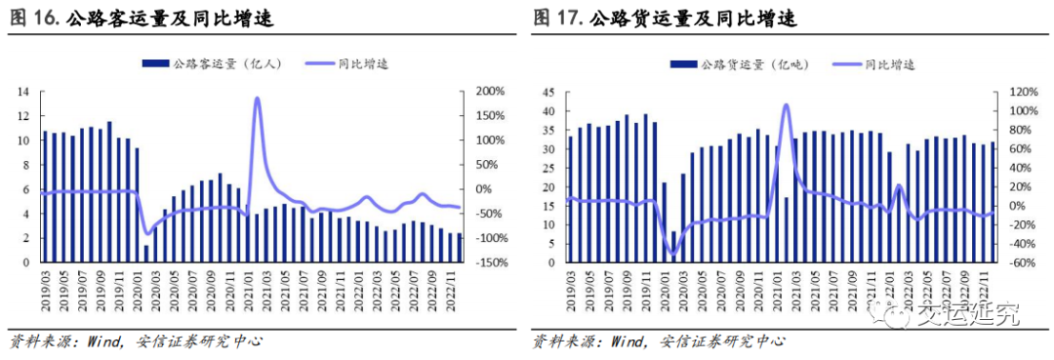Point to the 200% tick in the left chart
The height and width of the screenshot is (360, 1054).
click(x=488, y=92)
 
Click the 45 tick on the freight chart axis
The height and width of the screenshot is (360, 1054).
click(x=548, y=92)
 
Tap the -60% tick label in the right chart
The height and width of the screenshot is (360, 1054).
click(x=1012, y=262)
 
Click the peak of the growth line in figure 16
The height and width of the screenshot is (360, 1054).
click(x=257, y=99)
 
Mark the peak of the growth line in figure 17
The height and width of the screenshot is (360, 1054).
click(x=786, y=104)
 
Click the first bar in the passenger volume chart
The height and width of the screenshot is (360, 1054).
click(x=45, y=196)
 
